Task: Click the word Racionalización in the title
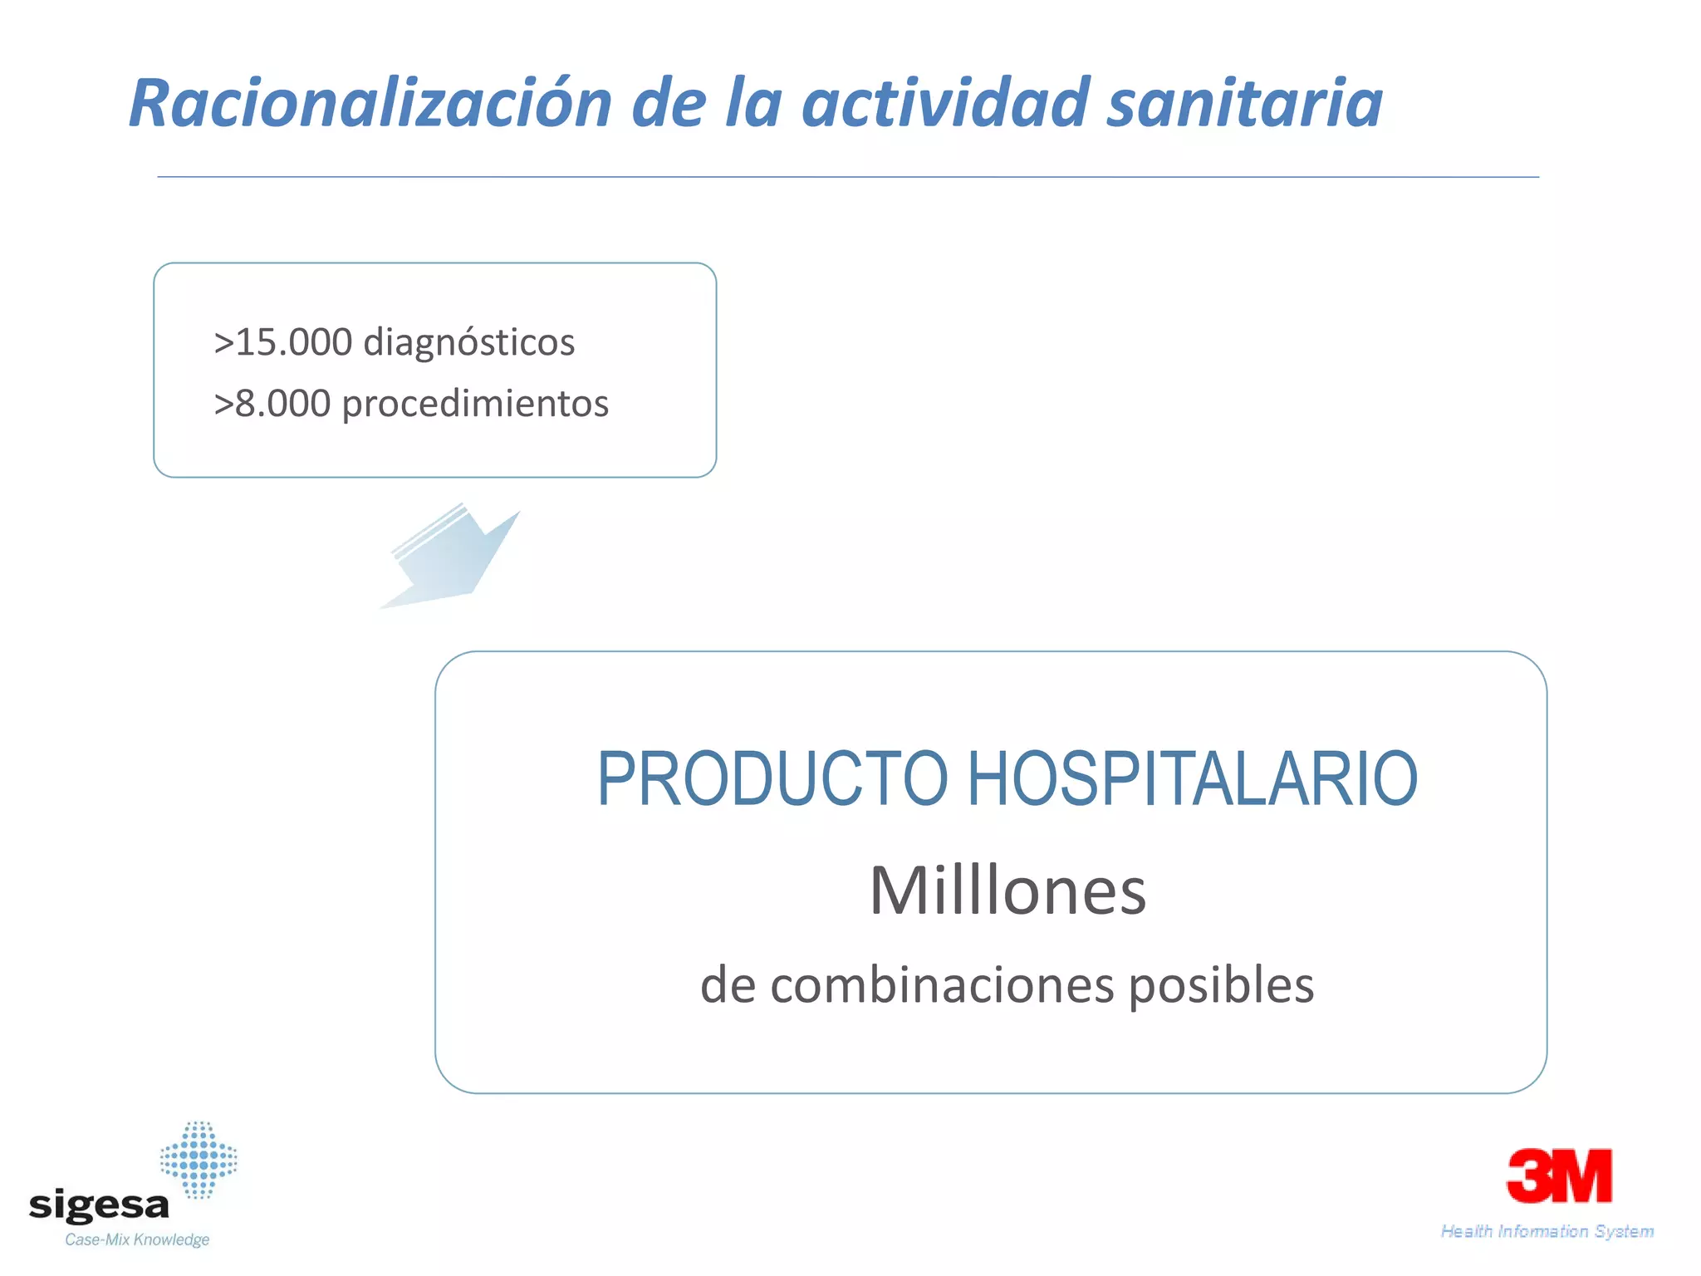370,104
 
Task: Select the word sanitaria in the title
1245,104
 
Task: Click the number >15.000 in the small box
282,342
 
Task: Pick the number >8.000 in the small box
272,404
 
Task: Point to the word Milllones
1007,891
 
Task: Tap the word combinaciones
942,986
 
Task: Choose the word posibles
1221,986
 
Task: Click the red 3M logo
1559,1175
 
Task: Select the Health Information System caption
1547,1231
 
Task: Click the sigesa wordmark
99,1205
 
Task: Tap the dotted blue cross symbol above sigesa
199,1160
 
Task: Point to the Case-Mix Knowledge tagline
137,1240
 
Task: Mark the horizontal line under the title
847,177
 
